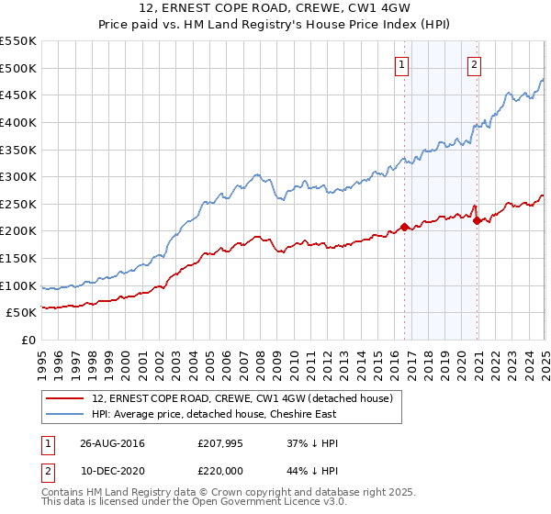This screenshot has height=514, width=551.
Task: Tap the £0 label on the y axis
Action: click(28, 340)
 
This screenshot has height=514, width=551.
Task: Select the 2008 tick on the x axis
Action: click(260, 358)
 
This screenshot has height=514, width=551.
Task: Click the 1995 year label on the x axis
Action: click(42, 358)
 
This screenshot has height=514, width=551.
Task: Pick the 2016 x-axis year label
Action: click(394, 358)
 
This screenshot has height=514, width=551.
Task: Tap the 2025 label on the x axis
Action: click(545, 358)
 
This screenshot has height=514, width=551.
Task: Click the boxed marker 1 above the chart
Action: click(403, 64)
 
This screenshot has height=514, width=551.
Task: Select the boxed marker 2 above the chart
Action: click(474, 64)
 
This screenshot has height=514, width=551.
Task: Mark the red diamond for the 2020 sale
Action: click(477, 220)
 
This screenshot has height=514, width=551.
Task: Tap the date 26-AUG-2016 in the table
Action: click(113, 443)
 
